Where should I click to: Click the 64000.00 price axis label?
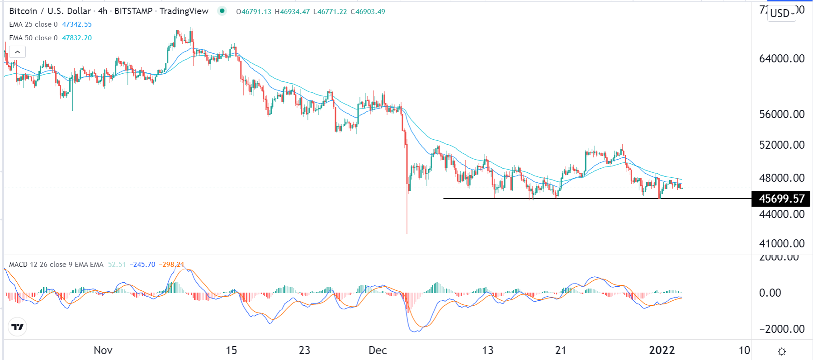pos(781,59)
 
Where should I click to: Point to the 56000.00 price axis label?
pos(781,114)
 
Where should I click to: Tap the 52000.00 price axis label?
pos(781,145)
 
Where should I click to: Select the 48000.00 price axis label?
pos(781,178)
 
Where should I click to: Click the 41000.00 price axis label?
pos(781,244)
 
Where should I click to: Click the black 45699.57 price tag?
pos(781,199)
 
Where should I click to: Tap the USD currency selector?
pos(782,13)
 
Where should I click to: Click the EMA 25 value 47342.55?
pos(77,24)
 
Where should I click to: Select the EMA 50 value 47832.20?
pos(77,38)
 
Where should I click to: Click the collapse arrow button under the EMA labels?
pos(17,52)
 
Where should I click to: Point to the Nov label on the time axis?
pos(103,351)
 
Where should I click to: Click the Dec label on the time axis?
pos(378,351)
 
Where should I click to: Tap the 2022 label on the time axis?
pos(662,351)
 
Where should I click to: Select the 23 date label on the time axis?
pos(304,351)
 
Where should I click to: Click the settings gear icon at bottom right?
pos(782,351)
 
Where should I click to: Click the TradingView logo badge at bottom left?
pos(18,327)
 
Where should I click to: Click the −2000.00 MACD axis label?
pos(781,329)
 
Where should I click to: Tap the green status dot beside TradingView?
pos(222,11)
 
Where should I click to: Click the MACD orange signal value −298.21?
pos(172,265)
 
